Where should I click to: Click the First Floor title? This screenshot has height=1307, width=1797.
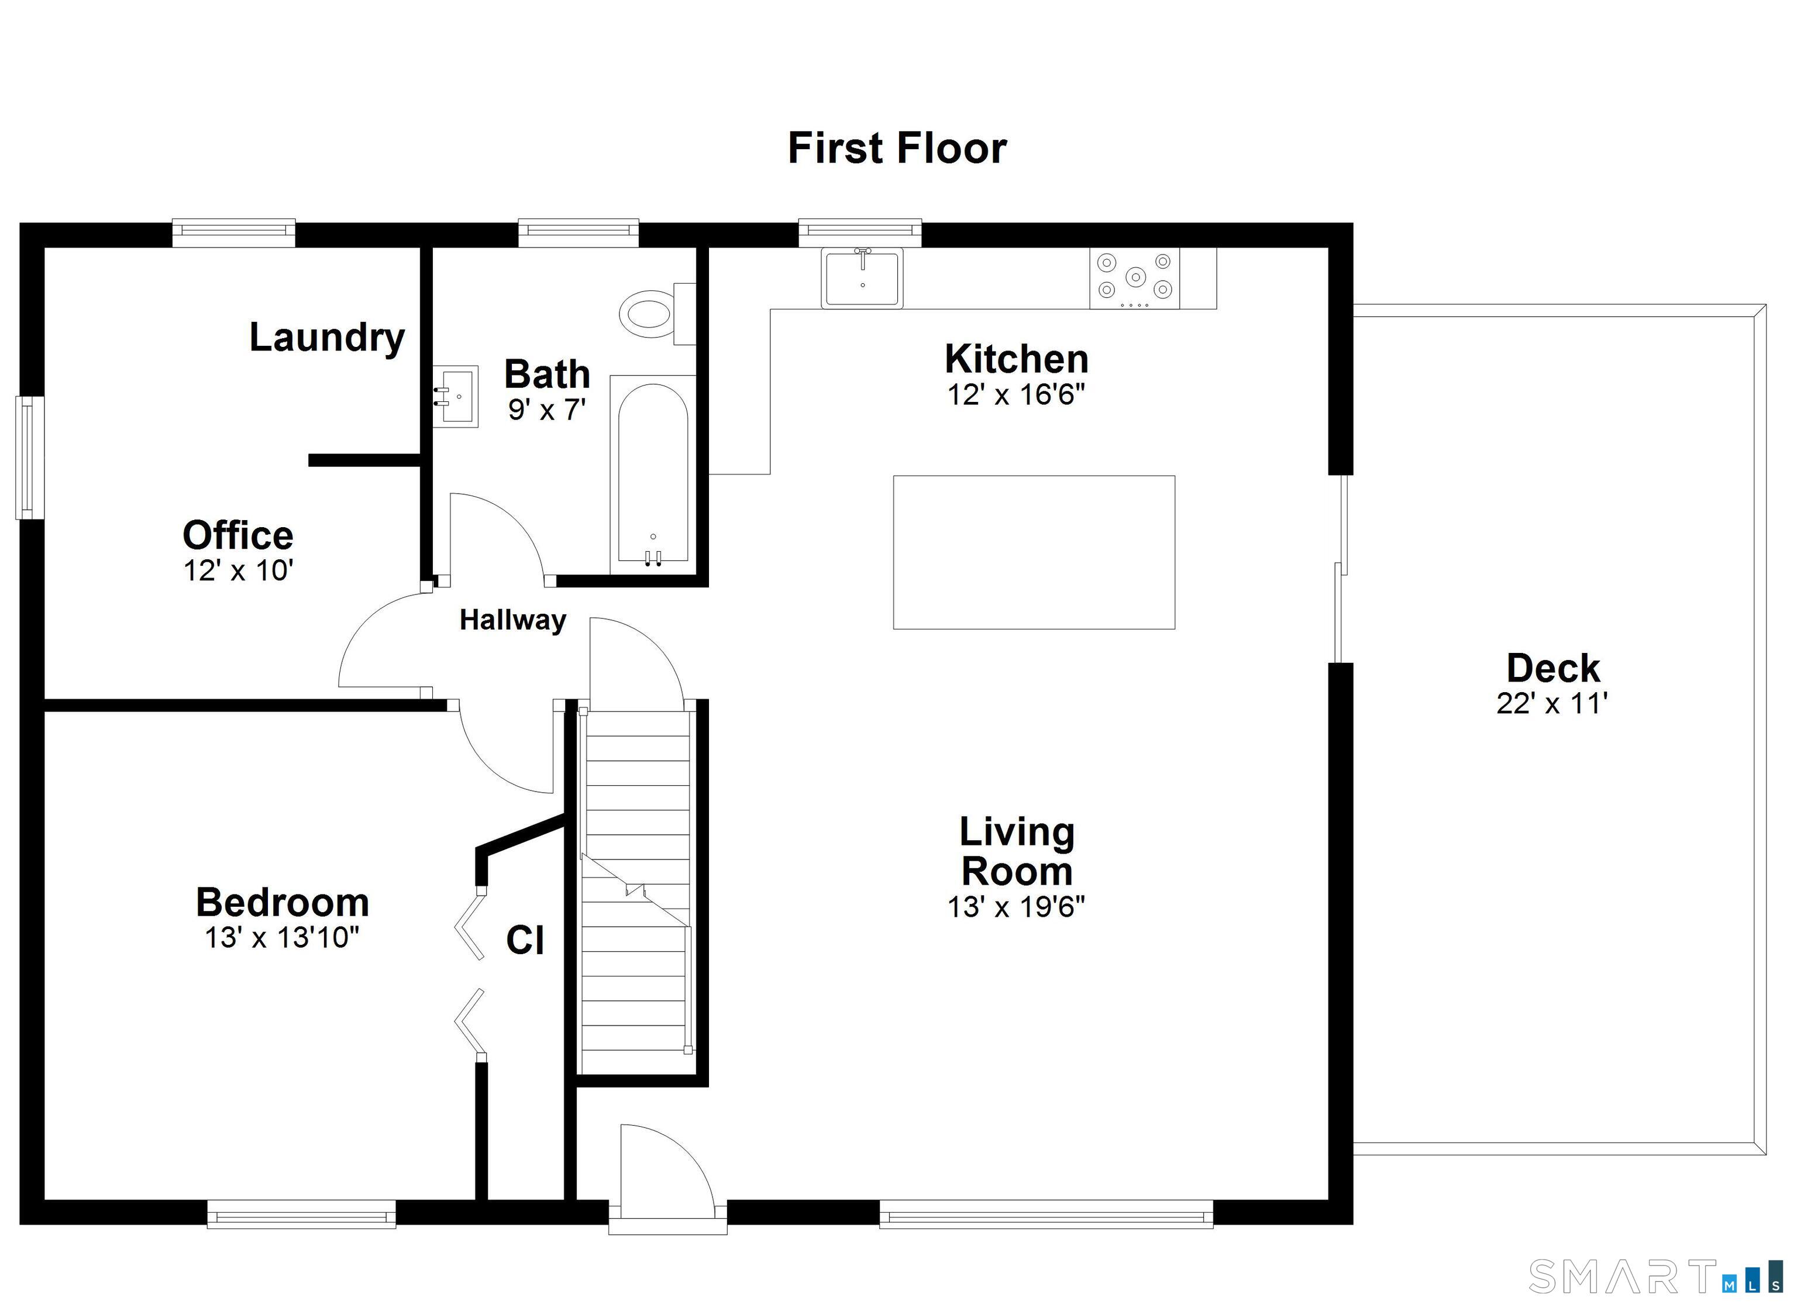tap(897, 148)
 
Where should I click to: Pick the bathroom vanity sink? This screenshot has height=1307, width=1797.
tap(456, 396)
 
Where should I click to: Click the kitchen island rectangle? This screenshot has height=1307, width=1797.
tap(1034, 552)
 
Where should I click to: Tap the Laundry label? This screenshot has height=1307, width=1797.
tap(327, 338)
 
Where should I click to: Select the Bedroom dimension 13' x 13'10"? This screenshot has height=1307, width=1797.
tap(282, 938)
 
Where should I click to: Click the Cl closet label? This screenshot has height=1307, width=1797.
tap(525, 941)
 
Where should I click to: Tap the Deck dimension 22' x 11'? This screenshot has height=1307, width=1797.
tap(1552, 704)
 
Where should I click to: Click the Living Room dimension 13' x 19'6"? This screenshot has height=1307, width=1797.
tap(1017, 907)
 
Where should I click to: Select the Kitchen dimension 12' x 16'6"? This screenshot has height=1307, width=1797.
tap(1017, 395)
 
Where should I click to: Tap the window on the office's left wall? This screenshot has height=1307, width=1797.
tap(30, 458)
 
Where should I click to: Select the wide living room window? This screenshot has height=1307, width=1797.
tap(1046, 1213)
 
